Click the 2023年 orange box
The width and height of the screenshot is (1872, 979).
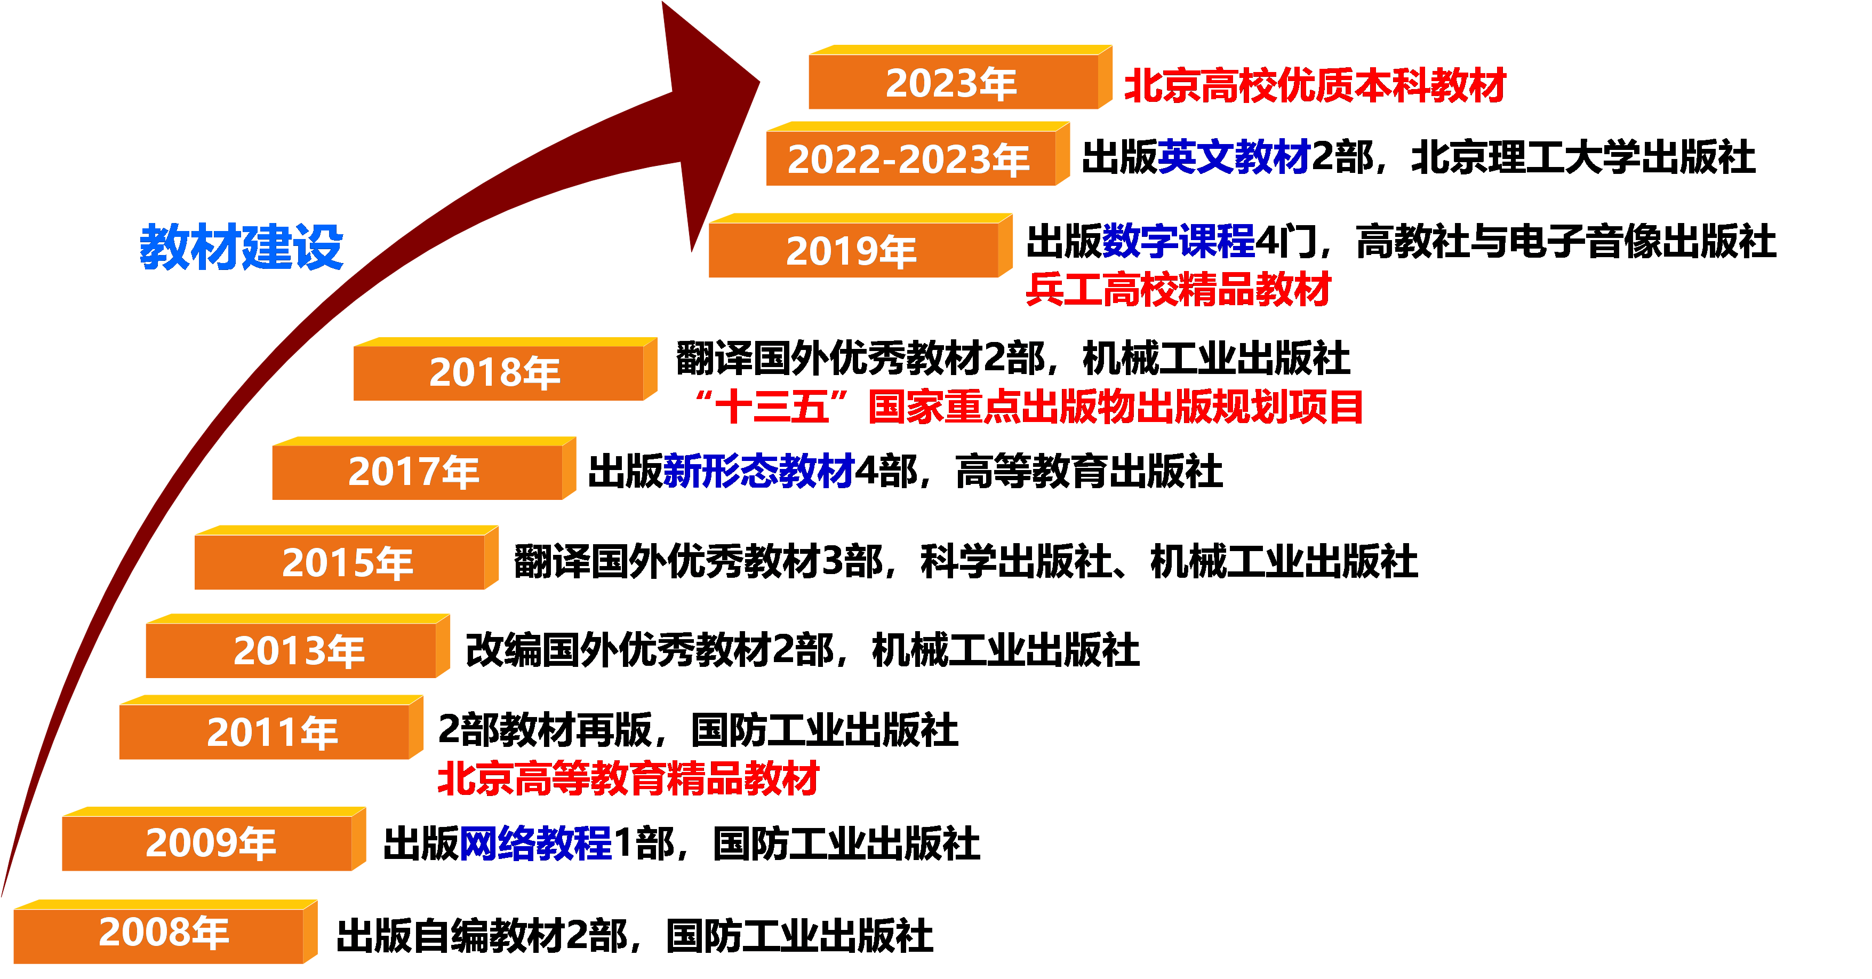952,82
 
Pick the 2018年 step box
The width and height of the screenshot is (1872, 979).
497,372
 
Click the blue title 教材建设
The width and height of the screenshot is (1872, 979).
241,247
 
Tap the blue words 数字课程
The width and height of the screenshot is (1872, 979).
1178,241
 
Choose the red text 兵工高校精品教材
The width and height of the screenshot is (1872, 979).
1178,289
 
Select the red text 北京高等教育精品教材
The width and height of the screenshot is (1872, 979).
629,778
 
